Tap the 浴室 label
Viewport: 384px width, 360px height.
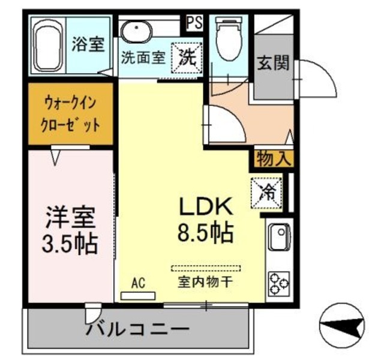click(88, 44)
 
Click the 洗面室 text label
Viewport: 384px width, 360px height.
click(142, 59)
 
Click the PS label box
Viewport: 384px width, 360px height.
click(193, 23)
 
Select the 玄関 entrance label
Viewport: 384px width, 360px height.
click(273, 63)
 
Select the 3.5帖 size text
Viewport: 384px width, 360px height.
click(71, 243)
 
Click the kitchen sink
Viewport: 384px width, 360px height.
click(278, 237)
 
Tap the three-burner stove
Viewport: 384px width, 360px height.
click(279, 283)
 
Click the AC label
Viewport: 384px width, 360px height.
click(138, 283)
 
